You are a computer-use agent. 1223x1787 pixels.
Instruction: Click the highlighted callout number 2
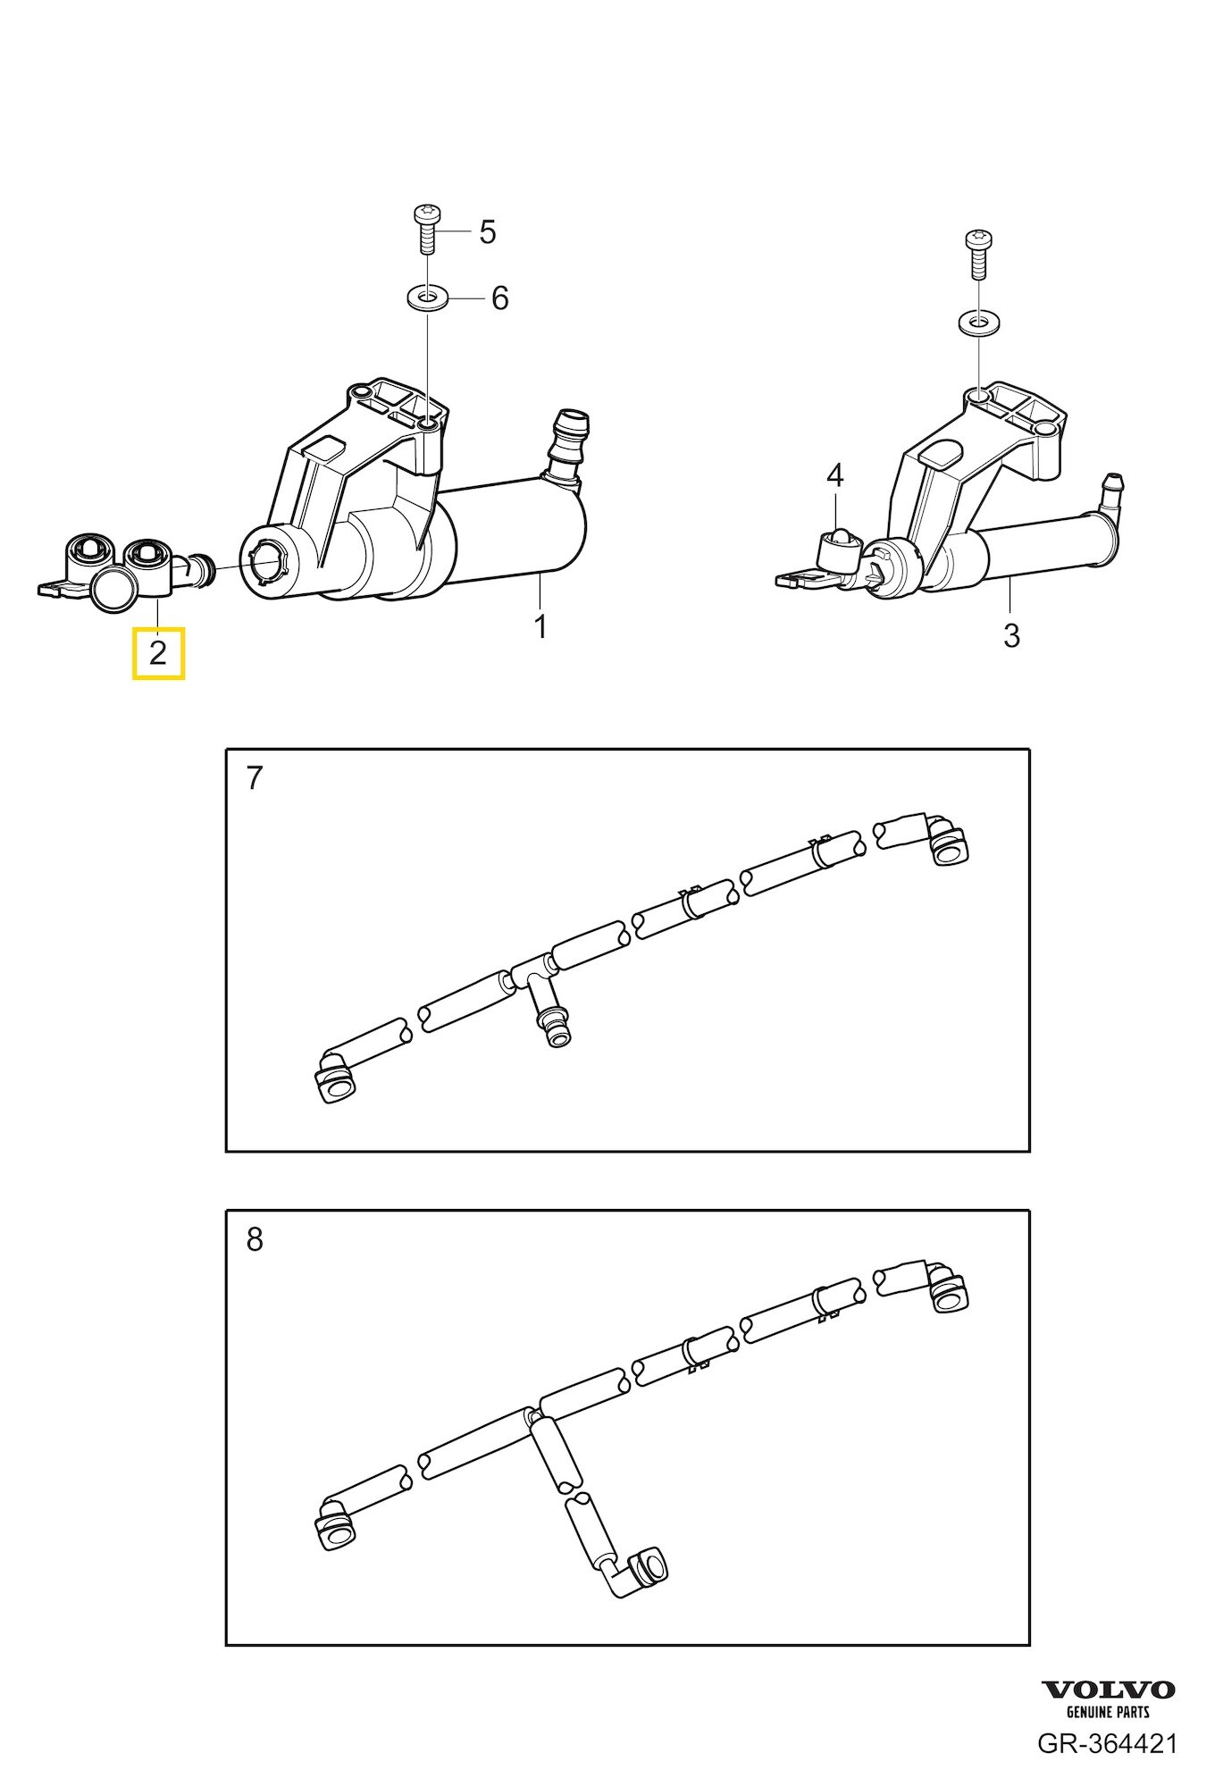click(158, 653)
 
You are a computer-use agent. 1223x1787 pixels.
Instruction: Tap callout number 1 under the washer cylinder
click(540, 626)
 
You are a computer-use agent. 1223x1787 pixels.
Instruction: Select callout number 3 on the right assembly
click(1010, 635)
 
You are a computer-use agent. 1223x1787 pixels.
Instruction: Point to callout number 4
click(834, 475)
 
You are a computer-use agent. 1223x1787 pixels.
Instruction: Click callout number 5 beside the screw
click(487, 231)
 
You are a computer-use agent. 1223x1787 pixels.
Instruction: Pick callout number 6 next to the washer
click(499, 298)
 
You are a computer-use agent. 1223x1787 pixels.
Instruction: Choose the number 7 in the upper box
click(255, 778)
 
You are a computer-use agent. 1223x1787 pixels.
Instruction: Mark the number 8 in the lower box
click(255, 1240)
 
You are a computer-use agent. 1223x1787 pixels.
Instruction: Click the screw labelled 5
click(425, 230)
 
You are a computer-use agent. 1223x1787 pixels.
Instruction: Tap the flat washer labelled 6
click(427, 296)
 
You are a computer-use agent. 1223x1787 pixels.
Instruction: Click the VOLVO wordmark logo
click(1108, 1690)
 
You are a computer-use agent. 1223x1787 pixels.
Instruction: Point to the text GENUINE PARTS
click(1108, 1713)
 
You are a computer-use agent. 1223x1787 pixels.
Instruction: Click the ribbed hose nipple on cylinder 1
click(567, 449)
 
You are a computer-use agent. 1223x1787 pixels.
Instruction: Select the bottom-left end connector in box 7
click(338, 1079)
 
